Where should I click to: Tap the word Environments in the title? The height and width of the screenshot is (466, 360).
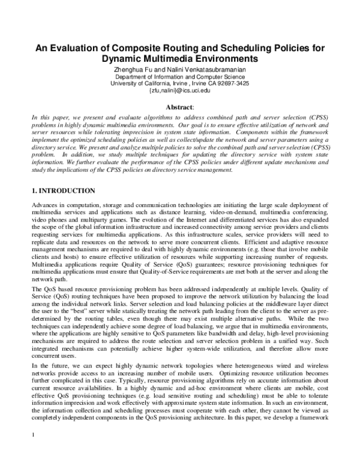(x=229, y=59)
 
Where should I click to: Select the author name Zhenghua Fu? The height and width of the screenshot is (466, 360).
(x=133, y=70)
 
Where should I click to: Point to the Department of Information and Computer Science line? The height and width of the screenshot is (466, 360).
(x=180, y=77)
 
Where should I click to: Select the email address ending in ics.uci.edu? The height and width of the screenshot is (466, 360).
(x=180, y=91)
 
